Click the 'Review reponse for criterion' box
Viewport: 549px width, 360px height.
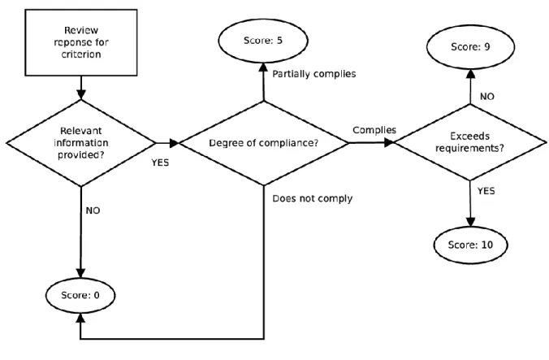coord(81,42)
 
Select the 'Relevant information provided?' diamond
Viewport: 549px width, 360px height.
coord(81,143)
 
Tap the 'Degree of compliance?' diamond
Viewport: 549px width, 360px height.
coord(264,143)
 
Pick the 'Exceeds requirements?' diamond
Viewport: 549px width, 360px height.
coord(470,142)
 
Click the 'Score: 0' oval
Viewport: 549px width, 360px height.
coord(80,296)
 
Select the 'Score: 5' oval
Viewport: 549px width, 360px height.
coord(263,41)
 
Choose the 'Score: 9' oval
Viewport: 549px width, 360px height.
coord(470,47)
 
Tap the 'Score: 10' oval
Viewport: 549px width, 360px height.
coord(470,245)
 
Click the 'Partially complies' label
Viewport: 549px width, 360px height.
coord(314,74)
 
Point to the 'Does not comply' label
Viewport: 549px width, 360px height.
coord(313,198)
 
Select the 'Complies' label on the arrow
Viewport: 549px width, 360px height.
coord(374,130)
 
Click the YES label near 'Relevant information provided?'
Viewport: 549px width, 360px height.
coord(160,163)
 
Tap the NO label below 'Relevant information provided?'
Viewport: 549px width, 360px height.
coord(93,210)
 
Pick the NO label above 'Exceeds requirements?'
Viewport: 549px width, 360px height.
coord(487,97)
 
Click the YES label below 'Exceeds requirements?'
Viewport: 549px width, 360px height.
coord(486,191)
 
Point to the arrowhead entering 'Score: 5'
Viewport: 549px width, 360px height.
coord(263,67)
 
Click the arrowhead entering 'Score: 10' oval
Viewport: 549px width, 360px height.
coord(470,222)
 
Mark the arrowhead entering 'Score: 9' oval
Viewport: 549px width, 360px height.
coord(470,74)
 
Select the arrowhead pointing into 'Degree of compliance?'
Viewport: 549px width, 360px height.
coord(174,143)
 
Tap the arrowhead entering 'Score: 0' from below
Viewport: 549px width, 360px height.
coord(80,318)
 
